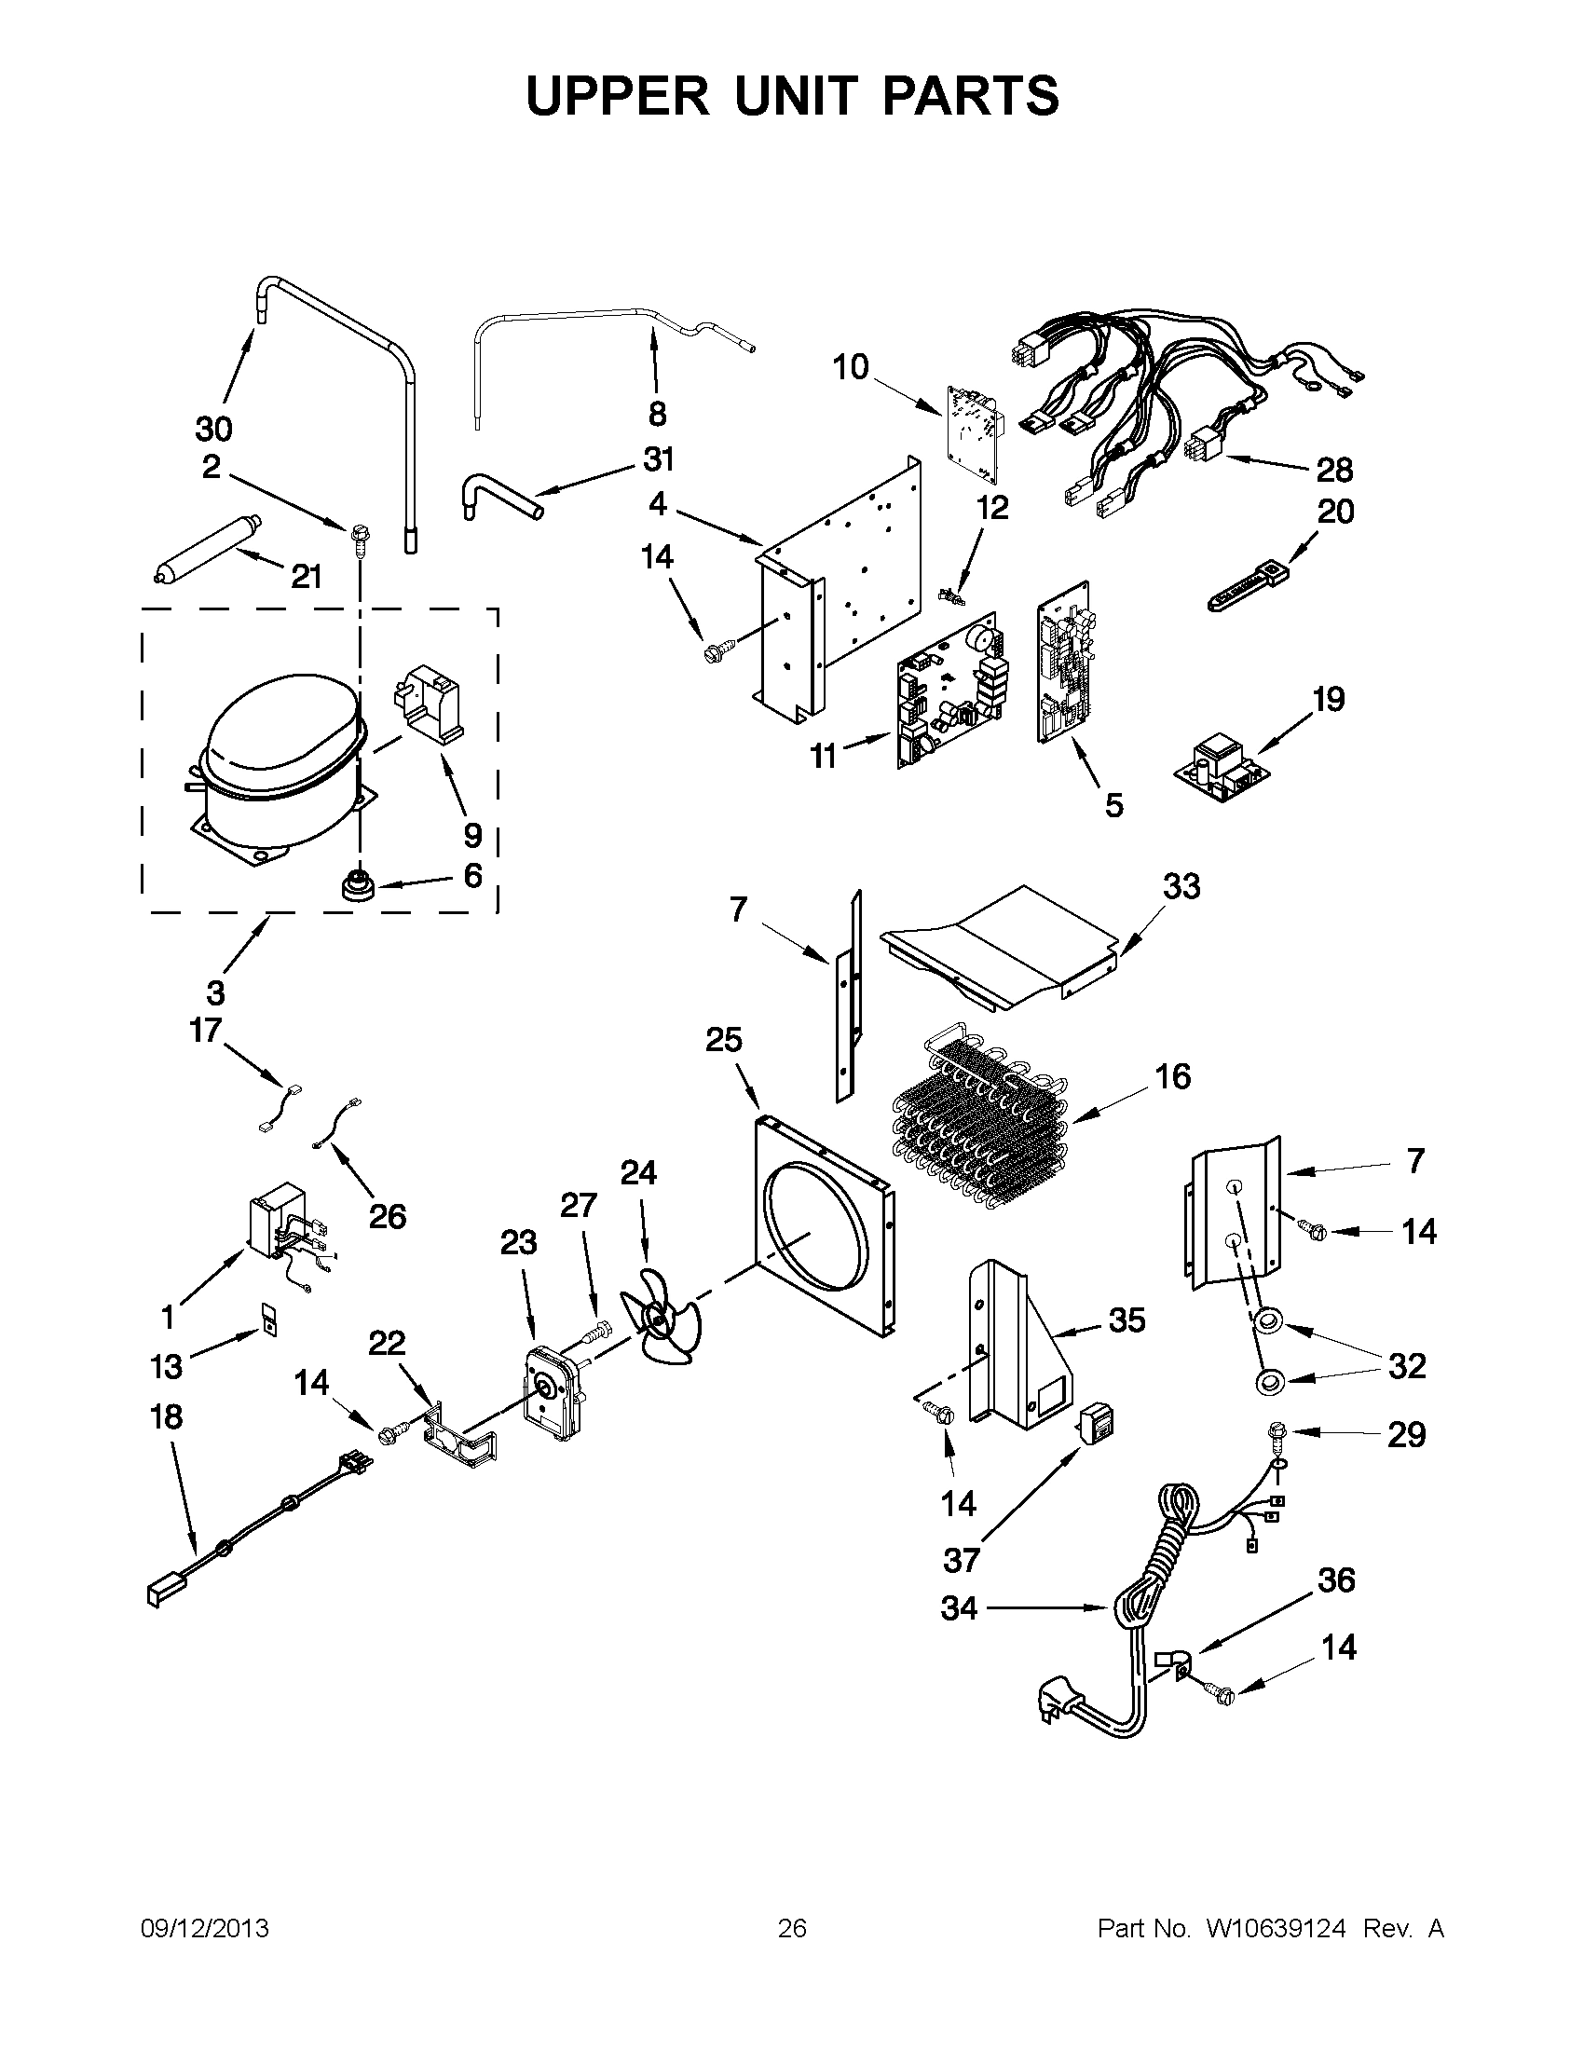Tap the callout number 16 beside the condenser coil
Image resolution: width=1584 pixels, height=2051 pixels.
coord(1173,1076)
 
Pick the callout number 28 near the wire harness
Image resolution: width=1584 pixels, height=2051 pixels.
coord(1334,469)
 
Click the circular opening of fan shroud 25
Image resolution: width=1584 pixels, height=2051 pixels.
coord(817,1230)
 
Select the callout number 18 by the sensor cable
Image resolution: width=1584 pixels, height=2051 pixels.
coord(166,1416)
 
